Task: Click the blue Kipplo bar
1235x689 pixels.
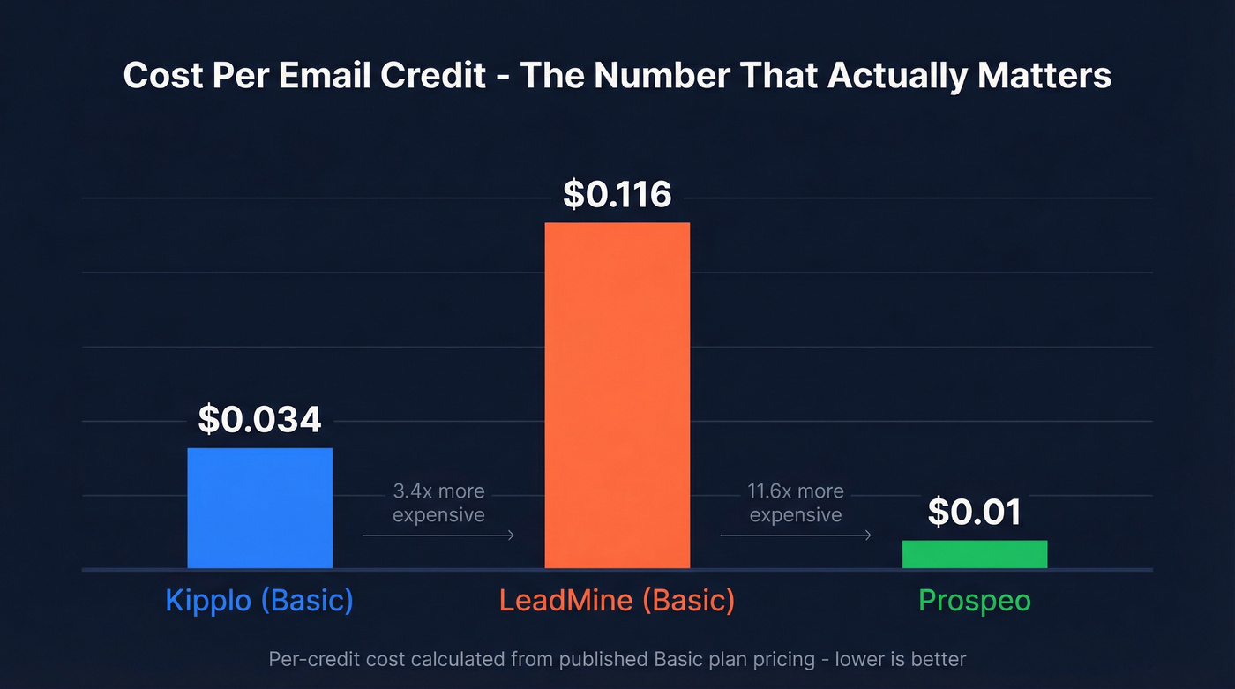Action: pos(259,507)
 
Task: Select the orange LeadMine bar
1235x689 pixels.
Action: pos(617,394)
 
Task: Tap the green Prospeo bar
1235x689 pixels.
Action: pos(974,554)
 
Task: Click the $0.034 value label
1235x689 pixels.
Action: pos(259,419)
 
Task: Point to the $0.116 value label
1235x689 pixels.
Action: pos(617,194)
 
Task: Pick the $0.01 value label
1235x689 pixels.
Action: pos(974,512)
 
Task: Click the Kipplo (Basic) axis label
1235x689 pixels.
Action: pos(259,601)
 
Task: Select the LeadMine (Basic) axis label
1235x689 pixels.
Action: pos(617,601)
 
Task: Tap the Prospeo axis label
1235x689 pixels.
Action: pos(974,601)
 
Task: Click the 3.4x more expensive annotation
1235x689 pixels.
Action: pos(438,503)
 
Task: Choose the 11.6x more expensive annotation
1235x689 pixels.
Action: pos(796,503)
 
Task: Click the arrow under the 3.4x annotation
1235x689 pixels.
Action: pos(438,535)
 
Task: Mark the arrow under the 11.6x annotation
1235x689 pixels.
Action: pos(796,535)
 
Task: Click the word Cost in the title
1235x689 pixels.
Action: pos(161,76)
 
